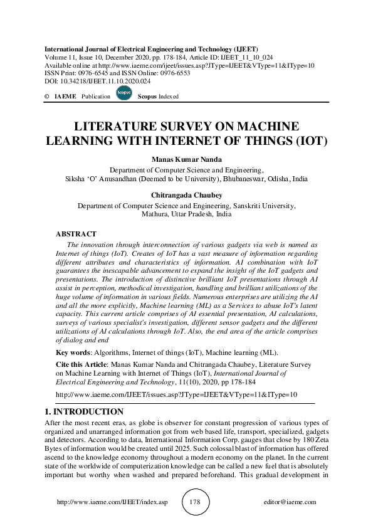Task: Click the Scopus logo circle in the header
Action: pyautogui.click(x=123, y=93)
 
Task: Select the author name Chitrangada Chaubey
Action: pyautogui.click(x=186, y=196)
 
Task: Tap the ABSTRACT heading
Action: pyautogui.click(x=76, y=233)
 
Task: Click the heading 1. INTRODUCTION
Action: pyautogui.click(x=84, y=412)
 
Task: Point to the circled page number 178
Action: pyautogui.click(x=194, y=502)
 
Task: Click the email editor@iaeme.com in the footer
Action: pyautogui.click(x=290, y=503)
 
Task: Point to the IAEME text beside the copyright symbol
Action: pyautogui.click(x=65, y=97)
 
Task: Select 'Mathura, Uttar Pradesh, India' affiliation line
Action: pyautogui.click(x=186, y=214)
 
